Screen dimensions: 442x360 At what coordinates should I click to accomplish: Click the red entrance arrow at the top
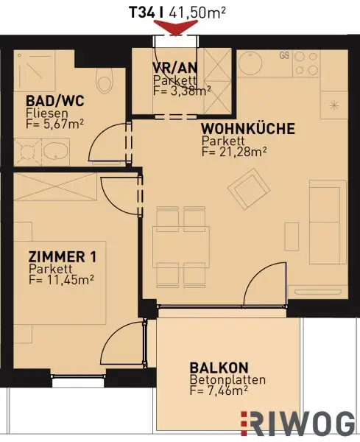tap(176, 28)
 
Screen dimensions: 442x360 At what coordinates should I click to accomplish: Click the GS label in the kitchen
tap(283, 55)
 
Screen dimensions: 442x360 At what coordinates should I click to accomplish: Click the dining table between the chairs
tap(175, 245)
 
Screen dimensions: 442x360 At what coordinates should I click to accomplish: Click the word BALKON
tap(219, 368)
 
